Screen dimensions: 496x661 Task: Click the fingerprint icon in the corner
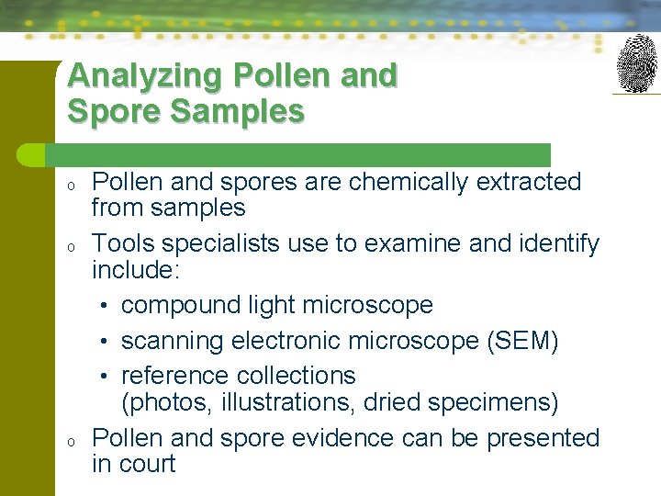(636, 63)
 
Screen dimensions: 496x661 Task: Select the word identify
(556, 243)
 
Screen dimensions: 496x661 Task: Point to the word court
(147, 464)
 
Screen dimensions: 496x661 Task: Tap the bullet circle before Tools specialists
(70, 246)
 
